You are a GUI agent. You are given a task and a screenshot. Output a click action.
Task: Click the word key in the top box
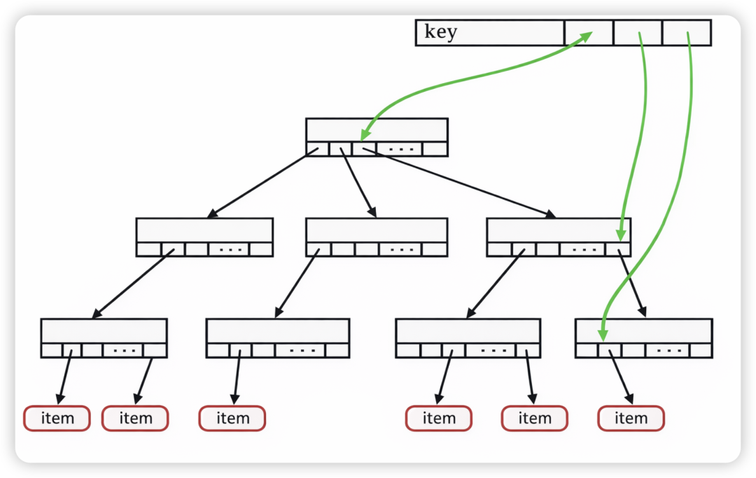(x=440, y=32)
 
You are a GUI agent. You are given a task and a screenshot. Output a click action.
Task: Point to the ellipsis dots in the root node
(x=400, y=149)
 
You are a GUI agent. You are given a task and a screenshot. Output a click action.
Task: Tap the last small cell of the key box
(x=686, y=33)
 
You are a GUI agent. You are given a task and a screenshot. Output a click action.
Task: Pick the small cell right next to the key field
(x=588, y=33)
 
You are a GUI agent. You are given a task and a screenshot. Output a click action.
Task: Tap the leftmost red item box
(x=57, y=419)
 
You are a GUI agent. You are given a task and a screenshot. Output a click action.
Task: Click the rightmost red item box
(x=631, y=419)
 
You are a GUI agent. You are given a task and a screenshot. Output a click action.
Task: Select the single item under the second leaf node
(x=232, y=419)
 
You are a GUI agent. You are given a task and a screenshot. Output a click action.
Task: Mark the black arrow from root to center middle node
(x=358, y=185)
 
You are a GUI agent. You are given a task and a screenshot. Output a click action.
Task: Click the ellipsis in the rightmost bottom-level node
(x=669, y=350)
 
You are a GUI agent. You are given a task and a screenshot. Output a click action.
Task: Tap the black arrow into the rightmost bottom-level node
(x=633, y=287)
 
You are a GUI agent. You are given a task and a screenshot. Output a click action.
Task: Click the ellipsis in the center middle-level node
(x=401, y=249)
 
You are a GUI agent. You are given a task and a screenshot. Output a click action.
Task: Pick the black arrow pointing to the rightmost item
(x=621, y=378)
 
